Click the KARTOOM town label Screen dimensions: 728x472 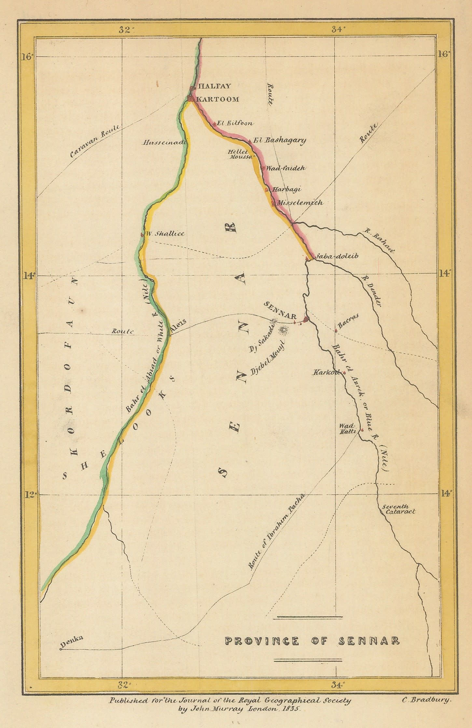(x=218, y=99)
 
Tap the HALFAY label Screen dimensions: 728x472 (x=215, y=86)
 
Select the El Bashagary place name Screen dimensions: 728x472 (x=280, y=141)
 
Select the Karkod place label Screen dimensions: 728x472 (x=326, y=372)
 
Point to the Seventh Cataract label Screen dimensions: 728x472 (x=398, y=509)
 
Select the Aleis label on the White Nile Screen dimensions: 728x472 (x=179, y=326)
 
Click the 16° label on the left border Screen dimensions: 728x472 (x=28, y=57)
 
